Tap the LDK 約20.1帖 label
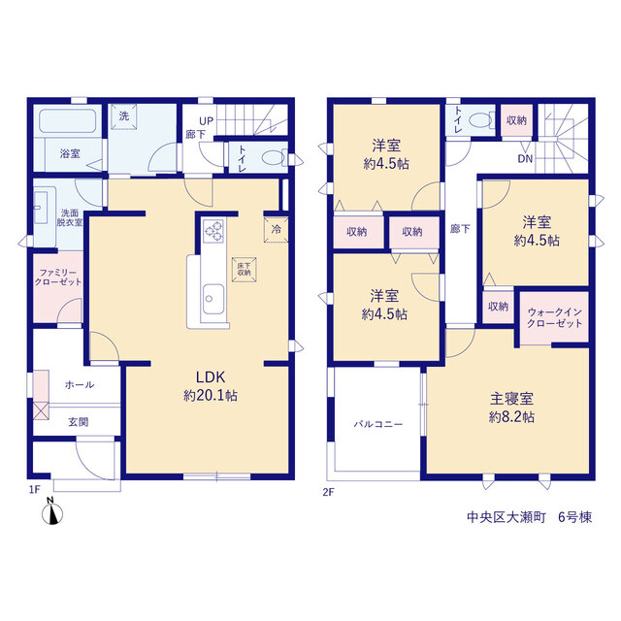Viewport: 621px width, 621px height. pos(211,386)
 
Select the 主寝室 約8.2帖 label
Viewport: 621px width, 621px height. pos(511,408)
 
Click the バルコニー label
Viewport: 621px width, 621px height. pos(378,424)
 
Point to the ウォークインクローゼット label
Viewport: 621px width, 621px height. pos(554,317)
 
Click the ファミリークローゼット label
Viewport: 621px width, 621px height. pos(58,278)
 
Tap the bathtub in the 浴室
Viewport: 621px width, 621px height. pos(68,121)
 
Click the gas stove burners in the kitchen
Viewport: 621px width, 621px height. pos(213,231)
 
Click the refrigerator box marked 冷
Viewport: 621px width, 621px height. pos(276,229)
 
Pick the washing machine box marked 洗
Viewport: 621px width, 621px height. pos(123,116)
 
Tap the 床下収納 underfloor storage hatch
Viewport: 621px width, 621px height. pos(244,270)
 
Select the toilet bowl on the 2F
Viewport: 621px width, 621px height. pos(482,120)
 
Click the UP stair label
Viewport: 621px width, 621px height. pos(207,120)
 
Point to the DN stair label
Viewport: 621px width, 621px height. pos(525,159)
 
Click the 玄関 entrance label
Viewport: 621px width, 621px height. pos(79,422)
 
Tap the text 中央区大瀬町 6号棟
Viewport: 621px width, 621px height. pos(530,517)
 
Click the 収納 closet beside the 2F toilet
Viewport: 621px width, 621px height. pos(516,120)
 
